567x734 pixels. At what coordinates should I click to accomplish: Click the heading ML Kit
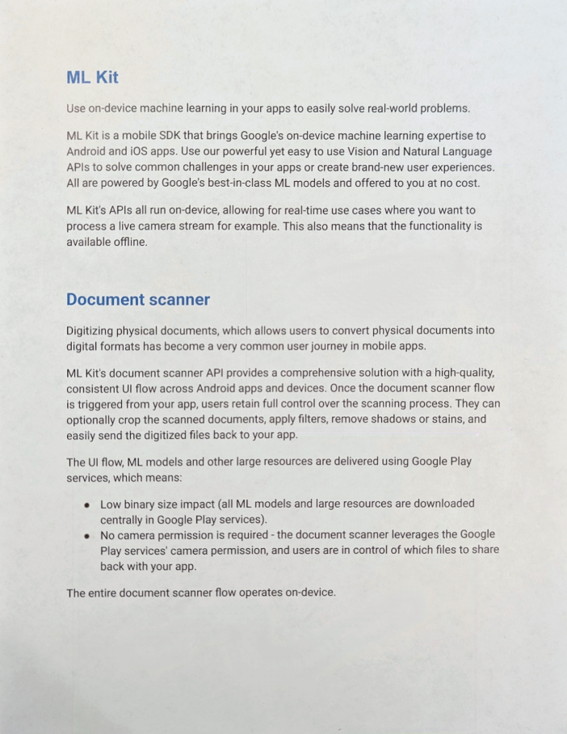(x=92, y=78)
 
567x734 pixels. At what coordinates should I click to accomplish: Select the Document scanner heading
(x=138, y=300)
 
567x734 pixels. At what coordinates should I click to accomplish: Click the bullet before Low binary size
(x=86, y=504)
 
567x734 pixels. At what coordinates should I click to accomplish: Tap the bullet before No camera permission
(x=86, y=535)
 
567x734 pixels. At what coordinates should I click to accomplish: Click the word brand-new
(x=370, y=167)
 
